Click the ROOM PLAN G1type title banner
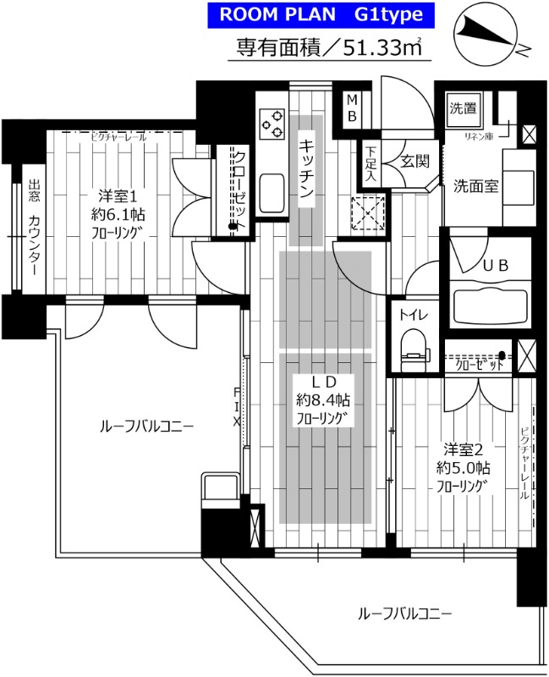coord(321,14)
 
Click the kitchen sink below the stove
coord(272,194)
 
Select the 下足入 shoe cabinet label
coord(371,162)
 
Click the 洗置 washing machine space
coord(462,108)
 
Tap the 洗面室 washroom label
coord(474,186)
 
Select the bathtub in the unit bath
coord(489,303)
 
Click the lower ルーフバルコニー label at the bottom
coord(404,613)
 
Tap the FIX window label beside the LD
coord(238,405)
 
